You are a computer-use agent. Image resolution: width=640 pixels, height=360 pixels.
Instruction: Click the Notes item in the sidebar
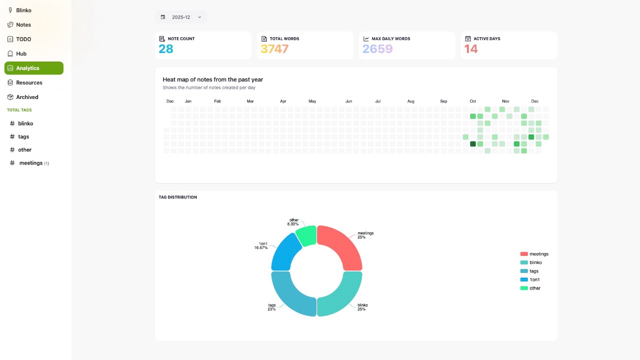23,24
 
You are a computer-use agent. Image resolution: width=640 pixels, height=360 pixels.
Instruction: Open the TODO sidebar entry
23,39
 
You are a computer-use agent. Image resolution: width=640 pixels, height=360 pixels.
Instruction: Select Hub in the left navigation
21,53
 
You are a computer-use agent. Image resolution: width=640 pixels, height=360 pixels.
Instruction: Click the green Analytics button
33,68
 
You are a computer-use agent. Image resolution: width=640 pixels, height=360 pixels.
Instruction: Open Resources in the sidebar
29,82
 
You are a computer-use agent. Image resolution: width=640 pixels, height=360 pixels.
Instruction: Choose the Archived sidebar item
27,97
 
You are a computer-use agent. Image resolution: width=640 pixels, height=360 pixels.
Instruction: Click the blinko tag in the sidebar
25,123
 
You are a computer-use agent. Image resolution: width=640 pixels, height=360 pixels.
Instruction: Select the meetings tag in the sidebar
30,163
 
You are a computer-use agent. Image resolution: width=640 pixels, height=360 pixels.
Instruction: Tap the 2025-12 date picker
181,17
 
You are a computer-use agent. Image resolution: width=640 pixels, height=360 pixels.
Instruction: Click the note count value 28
166,49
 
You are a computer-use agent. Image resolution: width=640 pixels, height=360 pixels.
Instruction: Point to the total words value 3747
274,49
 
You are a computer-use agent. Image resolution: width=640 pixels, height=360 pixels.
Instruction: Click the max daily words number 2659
377,49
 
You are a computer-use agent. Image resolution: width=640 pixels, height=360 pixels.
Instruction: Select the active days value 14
471,49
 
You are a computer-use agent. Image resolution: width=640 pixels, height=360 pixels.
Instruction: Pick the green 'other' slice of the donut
306,235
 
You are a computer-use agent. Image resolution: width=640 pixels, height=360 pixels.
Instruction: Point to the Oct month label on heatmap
472,101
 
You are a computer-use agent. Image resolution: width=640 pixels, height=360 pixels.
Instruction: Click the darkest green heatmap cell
473,144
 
